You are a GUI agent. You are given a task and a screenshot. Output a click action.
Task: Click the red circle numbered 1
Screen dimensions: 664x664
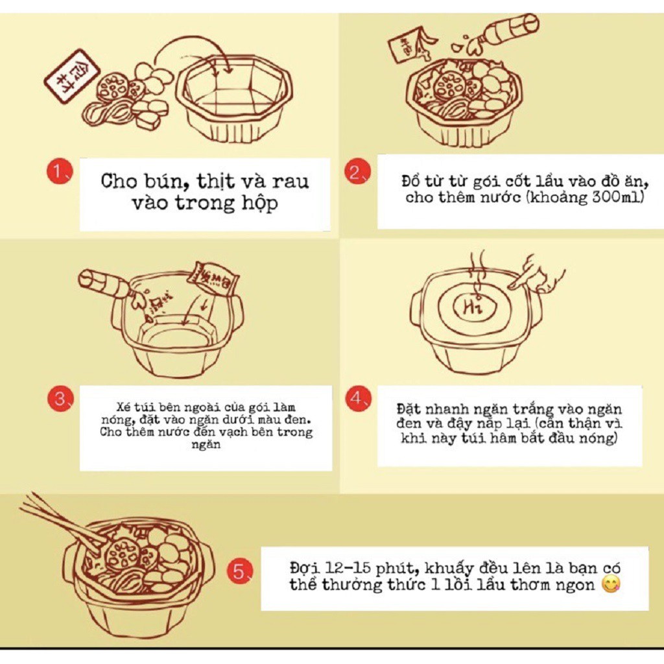tap(59, 171)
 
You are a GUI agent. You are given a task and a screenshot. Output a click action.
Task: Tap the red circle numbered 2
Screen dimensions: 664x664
tap(358, 172)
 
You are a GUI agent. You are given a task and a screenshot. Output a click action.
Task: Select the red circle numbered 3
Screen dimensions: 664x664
tap(60, 399)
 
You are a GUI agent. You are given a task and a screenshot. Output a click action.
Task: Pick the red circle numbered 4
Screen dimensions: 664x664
tap(358, 398)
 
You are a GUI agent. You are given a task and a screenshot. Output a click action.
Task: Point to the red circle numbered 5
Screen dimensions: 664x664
tap(241, 571)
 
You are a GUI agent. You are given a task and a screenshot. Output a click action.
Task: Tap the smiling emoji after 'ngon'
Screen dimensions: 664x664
tap(611, 584)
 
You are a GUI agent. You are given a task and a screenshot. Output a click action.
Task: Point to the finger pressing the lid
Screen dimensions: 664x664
tap(536, 274)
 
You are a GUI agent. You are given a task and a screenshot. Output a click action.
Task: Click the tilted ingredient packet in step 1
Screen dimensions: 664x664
tap(72, 77)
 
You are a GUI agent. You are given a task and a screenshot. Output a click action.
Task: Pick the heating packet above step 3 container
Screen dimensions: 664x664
tap(213, 277)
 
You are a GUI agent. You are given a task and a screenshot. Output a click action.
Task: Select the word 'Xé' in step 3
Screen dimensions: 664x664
tap(123, 407)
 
